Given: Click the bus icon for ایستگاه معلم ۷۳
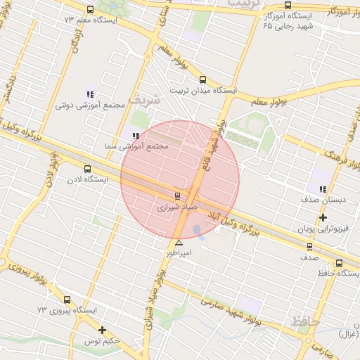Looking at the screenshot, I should click(89, 10).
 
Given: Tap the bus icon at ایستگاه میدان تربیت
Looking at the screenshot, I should click(202, 80).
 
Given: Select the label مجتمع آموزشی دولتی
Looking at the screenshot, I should click(90, 105).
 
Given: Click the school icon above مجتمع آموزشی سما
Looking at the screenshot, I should click(135, 136).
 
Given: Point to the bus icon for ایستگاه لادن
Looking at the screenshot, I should click(87, 169).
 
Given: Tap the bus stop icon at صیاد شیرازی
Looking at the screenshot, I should click(176, 196).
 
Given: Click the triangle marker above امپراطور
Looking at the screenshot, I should click(179, 243).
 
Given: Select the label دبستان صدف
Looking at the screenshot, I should click(323, 200).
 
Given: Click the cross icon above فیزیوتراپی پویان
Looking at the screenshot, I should click(323, 218).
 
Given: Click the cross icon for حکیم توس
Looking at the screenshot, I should click(103, 330).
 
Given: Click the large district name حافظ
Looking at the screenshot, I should click(305, 322).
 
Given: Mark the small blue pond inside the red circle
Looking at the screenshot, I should click(198, 231).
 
